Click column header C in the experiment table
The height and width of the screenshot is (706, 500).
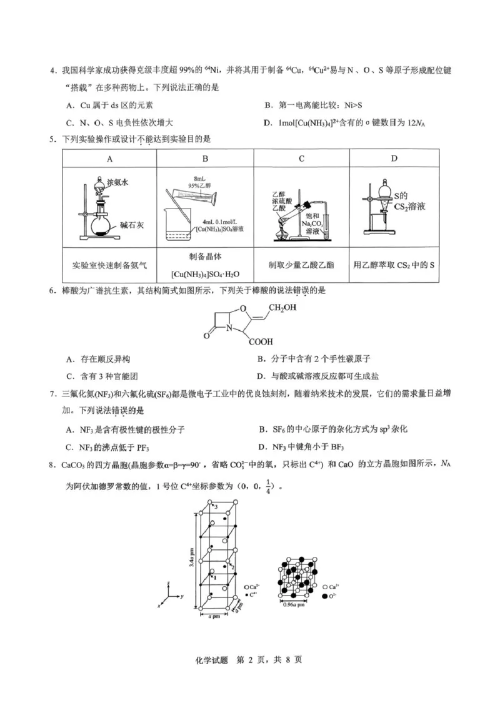tap(301, 159)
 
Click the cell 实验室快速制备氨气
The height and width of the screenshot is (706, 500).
tap(110, 265)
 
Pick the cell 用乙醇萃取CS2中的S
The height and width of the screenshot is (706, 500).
tap(394, 265)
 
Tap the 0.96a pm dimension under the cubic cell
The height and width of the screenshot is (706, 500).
tap(294, 605)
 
